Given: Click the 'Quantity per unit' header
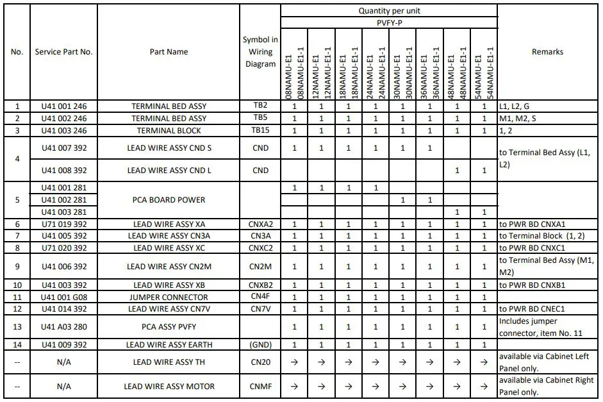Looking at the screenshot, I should tap(389, 11).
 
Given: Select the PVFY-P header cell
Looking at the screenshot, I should tap(389, 23).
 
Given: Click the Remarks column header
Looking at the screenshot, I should tap(547, 52).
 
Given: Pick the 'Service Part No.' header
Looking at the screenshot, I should tap(63, 52).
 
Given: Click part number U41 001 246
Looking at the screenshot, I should tap(63, 106).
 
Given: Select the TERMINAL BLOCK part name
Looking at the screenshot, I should tap(169, 131).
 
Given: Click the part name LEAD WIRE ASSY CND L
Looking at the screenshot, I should tap(169, 171).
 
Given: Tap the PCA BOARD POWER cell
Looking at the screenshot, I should tap(169, 200).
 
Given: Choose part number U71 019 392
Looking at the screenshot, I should tap(63, 224).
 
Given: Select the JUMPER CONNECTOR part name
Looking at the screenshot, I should tap(169, 297).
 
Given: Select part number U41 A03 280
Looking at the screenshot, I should tap(63, 327).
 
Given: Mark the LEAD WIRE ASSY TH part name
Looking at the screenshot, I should tap(169, 362).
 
